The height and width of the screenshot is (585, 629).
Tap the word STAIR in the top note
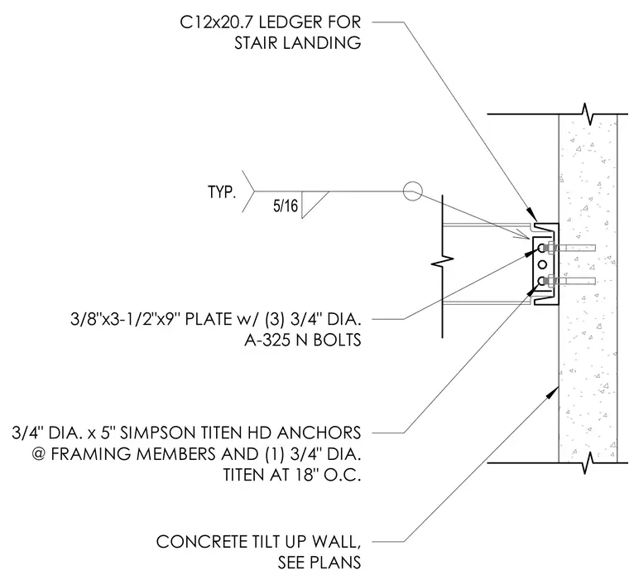[x=256, y=43]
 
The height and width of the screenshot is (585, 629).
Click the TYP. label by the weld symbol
[x=222, y=192]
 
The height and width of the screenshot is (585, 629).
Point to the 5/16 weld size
[x=286, y=206]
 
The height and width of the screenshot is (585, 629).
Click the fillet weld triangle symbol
[x=312, y=203]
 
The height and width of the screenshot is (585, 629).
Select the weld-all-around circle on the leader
[x=412, y=191]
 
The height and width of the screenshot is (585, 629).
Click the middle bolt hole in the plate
[x=542, y=264]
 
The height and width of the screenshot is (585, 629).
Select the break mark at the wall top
[x=588, y=114]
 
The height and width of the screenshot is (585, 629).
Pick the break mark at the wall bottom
[x=588, y=462]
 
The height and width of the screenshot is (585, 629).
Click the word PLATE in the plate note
[x=207, y=319]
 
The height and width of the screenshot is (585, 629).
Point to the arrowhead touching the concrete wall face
[x=555, y=391]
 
